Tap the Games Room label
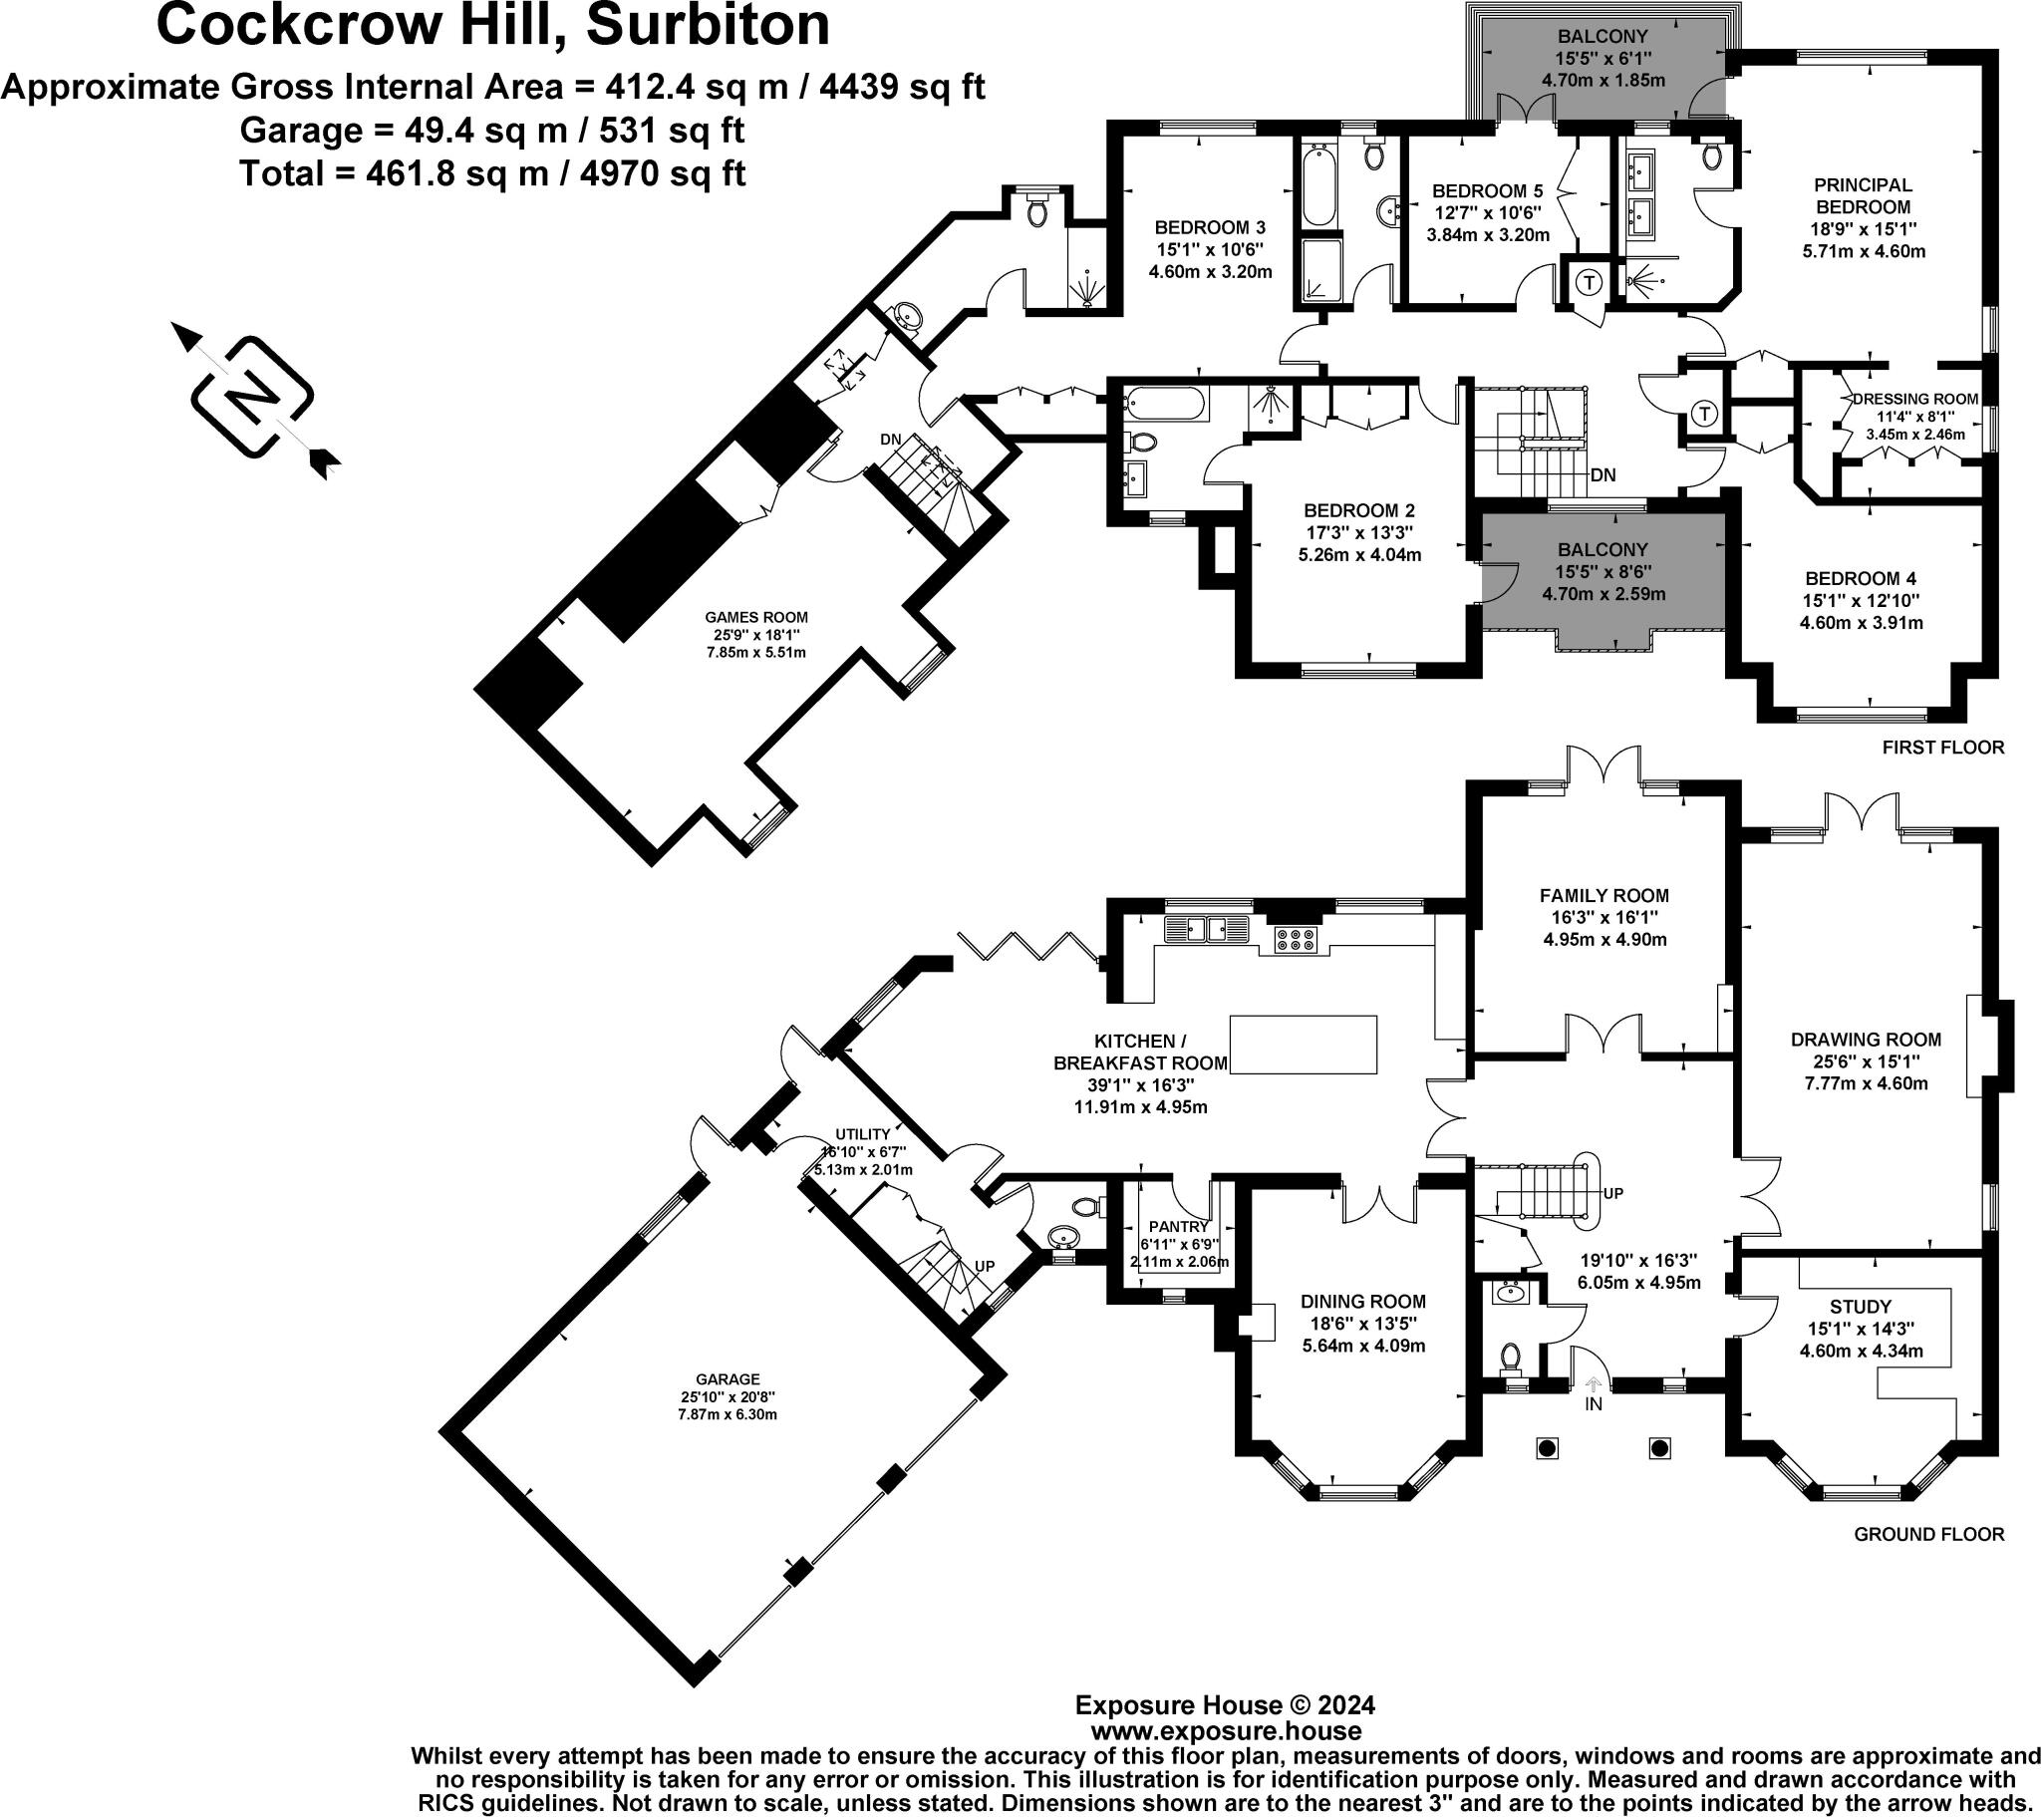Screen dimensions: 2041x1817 [x=755, y=616]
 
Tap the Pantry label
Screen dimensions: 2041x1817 [x=1179, y=1226]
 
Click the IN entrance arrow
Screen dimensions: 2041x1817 [x=1594, y=1386]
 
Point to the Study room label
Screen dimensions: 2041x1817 [x=1862, y=1307]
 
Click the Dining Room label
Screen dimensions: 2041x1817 [x=1363, y=1302]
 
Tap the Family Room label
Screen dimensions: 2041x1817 [x=1604, y=896]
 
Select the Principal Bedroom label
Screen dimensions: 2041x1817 [x=1864, y=195]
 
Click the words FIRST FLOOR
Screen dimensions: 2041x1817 [x=1943, y=748]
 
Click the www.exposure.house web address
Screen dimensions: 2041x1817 [x=1225, y=1731]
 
